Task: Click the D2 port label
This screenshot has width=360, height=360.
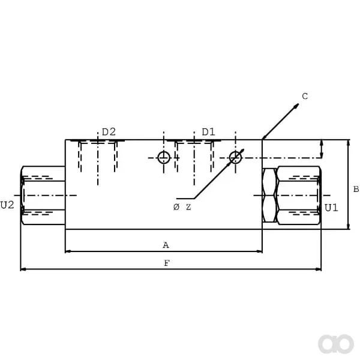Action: pyautogui.click(x=109, y=132)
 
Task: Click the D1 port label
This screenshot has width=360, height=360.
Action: pyautogui.click(x=208, y=132)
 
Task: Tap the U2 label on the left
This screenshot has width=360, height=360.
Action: pyautogui.click(x=7, y=205)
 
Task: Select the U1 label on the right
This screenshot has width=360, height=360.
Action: pyautogui.click(x=331, y=208)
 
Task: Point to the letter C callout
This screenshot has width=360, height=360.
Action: pyautogui.click(x=305, y=97)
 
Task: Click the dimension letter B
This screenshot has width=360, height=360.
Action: pyautogui.click(x=356, y=189)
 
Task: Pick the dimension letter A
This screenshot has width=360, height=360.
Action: pyautogui.click(x=166, y=245)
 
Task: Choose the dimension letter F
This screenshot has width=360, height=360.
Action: pyautogui.click(x=167, y=263)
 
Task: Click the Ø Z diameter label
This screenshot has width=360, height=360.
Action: pyautogui.click(x=182, y=207)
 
